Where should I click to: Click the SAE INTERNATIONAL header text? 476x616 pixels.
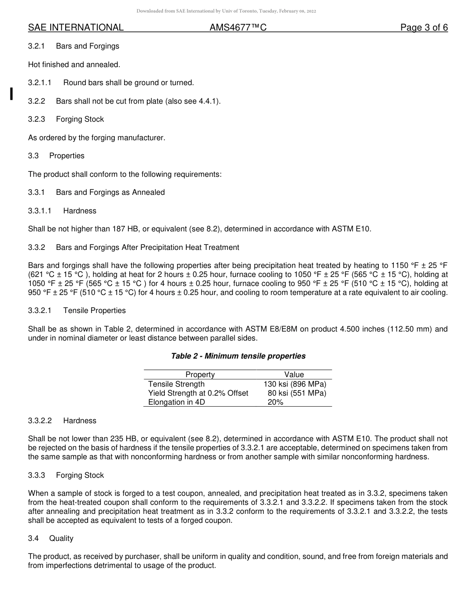click(x=76, y=28)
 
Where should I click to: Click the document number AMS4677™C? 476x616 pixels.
click(x=238, y=28)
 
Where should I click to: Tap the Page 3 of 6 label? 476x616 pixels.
click(x=424, y=28)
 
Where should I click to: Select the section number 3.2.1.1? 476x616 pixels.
click(x=40, y=83)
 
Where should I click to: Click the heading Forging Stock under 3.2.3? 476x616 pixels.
click(x=80, y=119)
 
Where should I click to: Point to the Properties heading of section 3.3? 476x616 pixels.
click(x=67, y=156)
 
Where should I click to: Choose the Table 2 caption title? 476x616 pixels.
click(x=238, y=356)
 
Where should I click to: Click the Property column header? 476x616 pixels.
click(x=200, y=375)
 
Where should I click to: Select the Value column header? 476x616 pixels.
click(x=294, y=375)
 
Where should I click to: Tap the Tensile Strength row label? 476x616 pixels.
click(x=176, y=384)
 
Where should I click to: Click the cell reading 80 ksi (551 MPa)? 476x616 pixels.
click(x=297, y=393)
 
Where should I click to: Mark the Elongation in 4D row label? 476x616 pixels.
click(x=176, y=402)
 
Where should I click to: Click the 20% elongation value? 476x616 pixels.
click(x=275, y=402)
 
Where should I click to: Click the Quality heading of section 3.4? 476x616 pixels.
click(x=61, y=538)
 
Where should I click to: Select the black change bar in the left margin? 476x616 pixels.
click(x=11, y=94)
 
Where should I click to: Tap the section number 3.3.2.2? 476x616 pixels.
click(x=40, y=421)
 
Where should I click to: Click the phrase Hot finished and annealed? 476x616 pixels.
click(x=74, y=64)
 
